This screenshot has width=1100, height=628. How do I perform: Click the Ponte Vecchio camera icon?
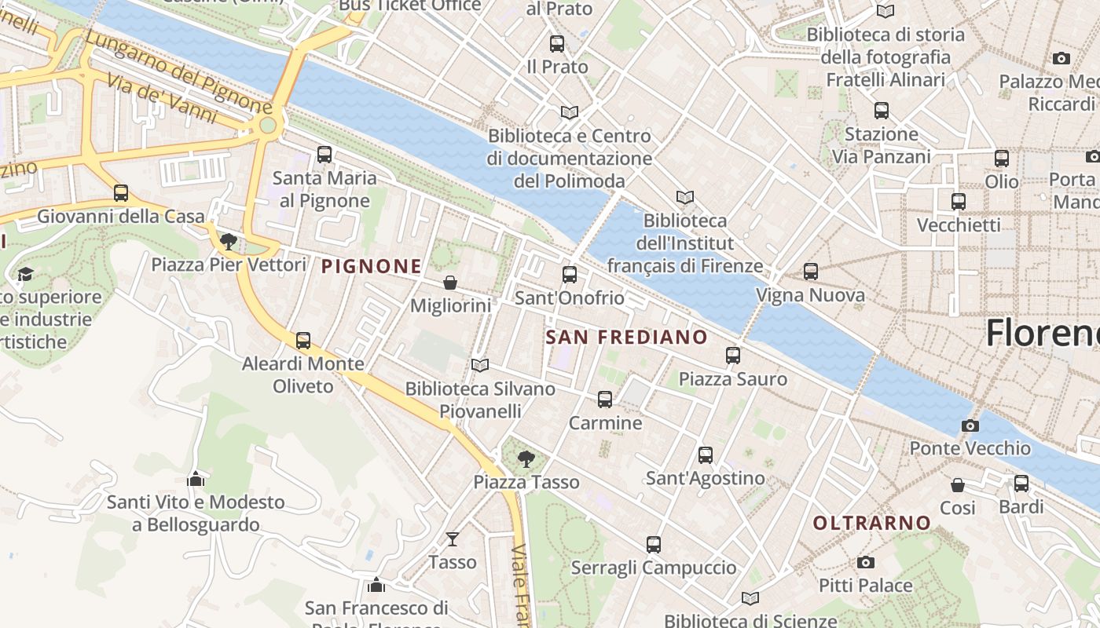click(970, 425)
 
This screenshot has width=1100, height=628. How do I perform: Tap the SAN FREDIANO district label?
click(626, 338)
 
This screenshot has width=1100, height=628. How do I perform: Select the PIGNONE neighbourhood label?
click(372, 267)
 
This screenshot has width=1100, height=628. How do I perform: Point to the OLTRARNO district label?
click(871, 523)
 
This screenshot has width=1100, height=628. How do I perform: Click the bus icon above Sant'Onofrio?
click(570, 275)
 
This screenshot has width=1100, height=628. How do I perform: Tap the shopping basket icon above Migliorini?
click(450, 283)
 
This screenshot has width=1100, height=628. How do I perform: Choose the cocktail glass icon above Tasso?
click(453, 539)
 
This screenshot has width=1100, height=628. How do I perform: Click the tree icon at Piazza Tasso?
click(526, 458)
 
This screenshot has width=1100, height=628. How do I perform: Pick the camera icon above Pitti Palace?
click(866, 562)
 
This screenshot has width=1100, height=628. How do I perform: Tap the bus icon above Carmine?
click(605, 400)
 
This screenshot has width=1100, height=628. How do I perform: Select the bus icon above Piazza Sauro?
click(733, 356)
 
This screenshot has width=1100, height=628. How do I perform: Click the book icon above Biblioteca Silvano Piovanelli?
click(480, 365)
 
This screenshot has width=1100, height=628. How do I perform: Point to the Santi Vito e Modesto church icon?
click(196, 478)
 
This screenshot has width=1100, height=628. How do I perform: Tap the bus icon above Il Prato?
click(557, 44)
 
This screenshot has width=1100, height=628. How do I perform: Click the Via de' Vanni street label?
click(161, 100)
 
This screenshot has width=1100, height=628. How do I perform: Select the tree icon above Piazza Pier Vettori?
click(229, 241)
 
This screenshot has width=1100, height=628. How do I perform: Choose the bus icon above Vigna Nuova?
click(811, 272)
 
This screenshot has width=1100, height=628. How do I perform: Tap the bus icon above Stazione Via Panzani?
click(882, 111)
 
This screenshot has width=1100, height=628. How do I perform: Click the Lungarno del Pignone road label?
click(178, 71)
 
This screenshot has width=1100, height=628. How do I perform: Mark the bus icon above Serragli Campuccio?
click(654, 544)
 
